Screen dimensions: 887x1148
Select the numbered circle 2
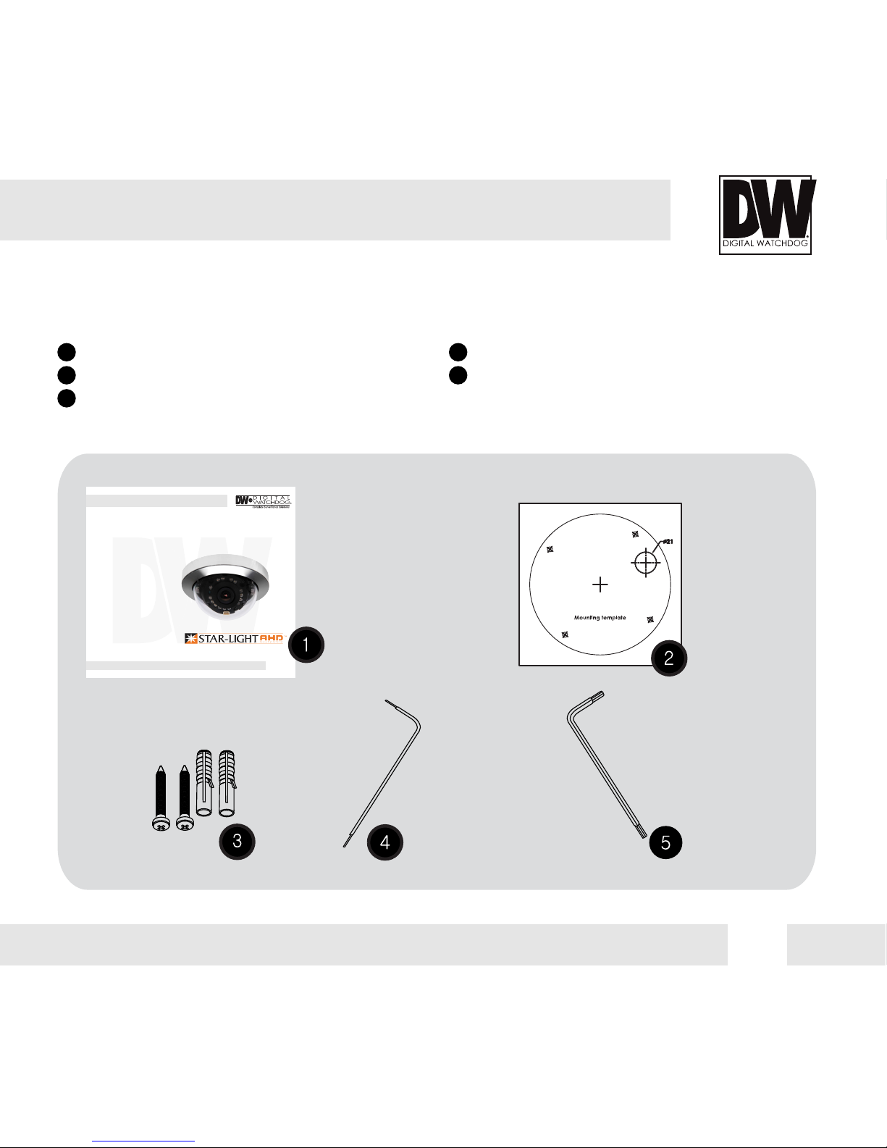point(669,658)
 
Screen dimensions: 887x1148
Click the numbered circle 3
point(237,842)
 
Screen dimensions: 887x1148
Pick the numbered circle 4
point(385,842)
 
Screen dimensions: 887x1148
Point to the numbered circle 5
point(665,842)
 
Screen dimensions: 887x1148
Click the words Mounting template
point(600,618)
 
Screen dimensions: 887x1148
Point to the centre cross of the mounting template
point(600,585)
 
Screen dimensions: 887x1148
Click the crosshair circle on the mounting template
point(645,562)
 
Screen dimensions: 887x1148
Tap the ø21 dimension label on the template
point(668,542)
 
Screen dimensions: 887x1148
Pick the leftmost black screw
point(160,797)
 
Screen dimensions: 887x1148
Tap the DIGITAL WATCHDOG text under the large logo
point(765,243)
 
